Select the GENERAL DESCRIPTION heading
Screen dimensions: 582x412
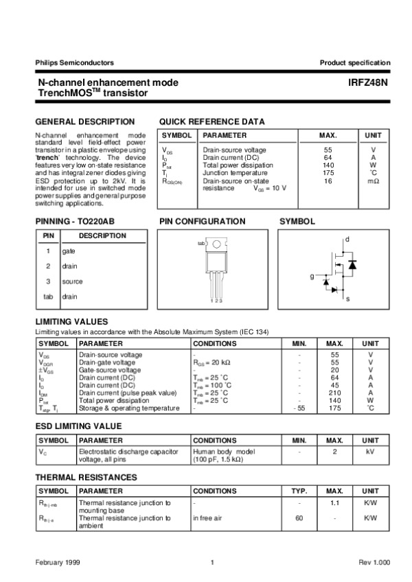coord(84,121)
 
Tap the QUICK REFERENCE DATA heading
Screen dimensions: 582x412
coord(211,121)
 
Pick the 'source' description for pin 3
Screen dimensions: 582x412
coord(72,281)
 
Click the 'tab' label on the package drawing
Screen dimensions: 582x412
coord(201,244)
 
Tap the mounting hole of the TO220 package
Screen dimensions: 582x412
coord(216,244)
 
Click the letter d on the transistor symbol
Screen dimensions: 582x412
coord(347,239)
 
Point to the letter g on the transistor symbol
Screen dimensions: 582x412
coord(311,276)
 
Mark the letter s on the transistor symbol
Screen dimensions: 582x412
coord(347,300)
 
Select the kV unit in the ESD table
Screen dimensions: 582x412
coord(370,452)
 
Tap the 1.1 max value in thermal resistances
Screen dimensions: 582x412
coord(334,503)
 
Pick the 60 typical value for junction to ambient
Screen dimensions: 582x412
coord(299,518)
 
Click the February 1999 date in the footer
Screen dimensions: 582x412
coord(58,563)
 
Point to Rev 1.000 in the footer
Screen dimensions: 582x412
coord(374,563)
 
